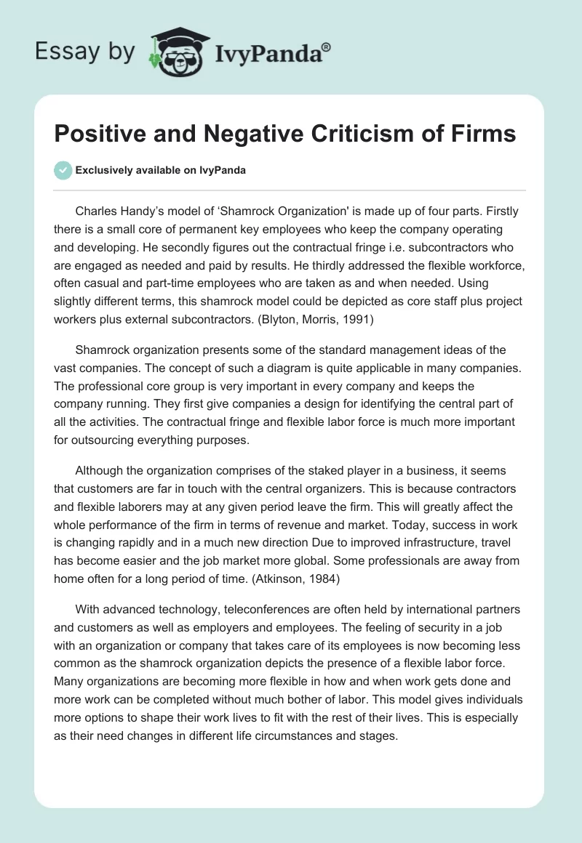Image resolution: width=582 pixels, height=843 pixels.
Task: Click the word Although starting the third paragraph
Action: coord(102,470)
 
